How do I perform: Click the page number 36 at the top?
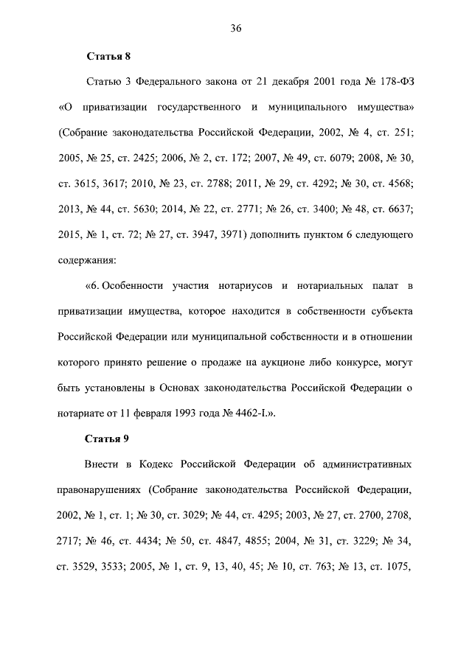[236, 29]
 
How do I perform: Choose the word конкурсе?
[360, 362]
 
